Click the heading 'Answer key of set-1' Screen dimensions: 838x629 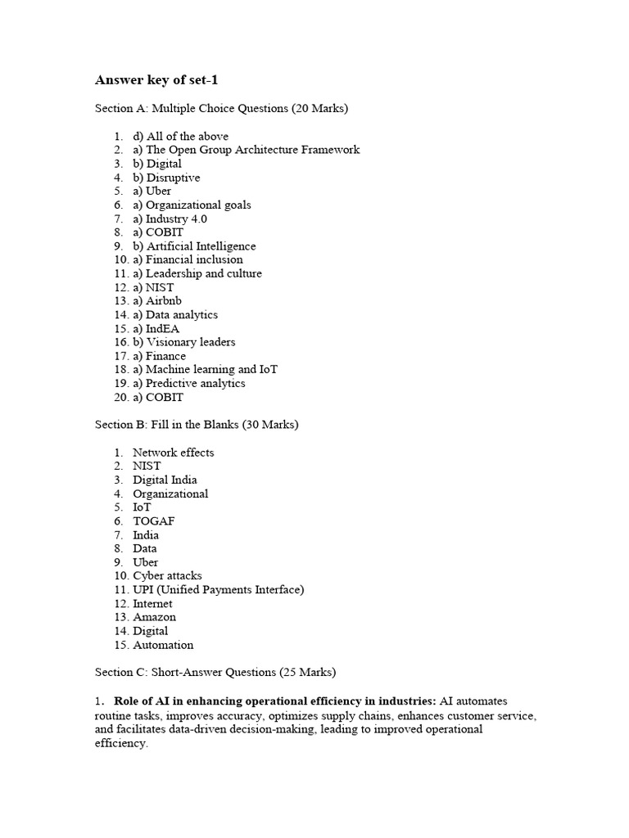click(157, 80)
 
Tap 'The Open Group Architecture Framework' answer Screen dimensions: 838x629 click(246, 150)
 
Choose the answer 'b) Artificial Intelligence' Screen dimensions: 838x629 click(194, 246)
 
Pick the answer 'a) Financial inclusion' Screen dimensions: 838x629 click(188, 259)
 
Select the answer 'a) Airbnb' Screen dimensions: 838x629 click(157, 301)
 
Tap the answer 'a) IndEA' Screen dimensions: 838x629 click(156, 328)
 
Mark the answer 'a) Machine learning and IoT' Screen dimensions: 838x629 click(205, 369)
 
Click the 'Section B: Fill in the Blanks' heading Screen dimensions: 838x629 click(197, 425)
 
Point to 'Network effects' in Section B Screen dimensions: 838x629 click(174, 452)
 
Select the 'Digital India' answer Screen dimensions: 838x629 click(165, 480)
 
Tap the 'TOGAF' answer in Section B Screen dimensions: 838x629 click(154, 520)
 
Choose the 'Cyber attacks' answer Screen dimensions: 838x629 click(167, 575)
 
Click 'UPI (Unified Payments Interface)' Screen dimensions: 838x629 click(218, 589)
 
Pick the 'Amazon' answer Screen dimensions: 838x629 click(154, 617)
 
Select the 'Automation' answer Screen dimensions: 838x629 click(163, 645)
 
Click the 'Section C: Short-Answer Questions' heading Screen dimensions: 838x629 click(215, 672)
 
